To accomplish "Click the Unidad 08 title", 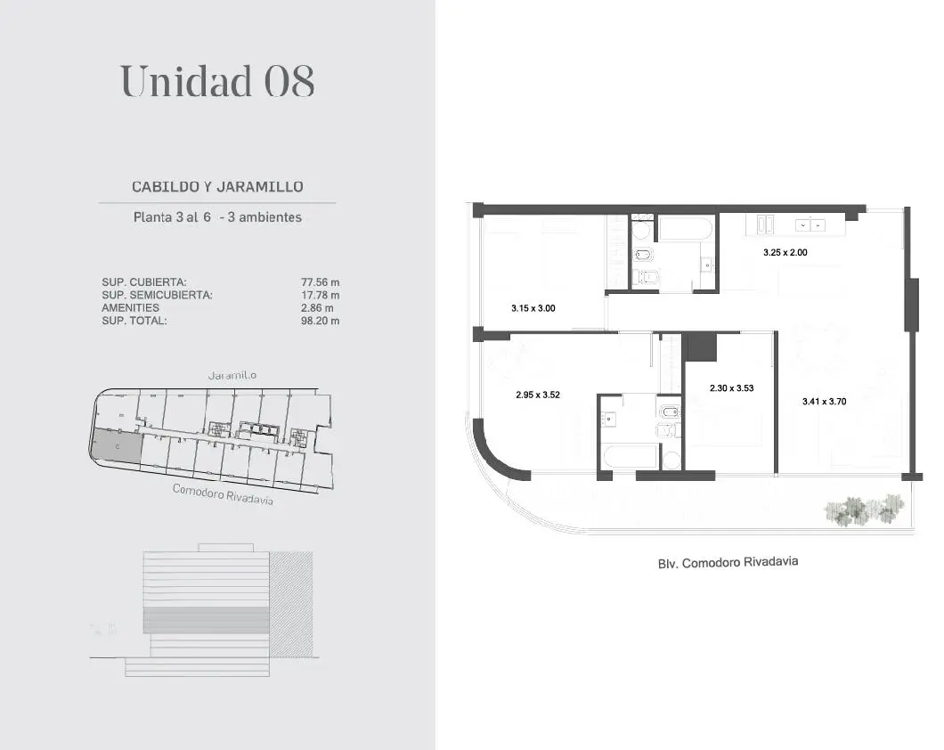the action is (217, 81).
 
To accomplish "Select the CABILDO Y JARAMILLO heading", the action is (217, 186).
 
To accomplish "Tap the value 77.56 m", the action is (321, 282).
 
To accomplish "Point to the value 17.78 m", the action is (321, 295).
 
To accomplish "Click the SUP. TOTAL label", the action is (134, 321).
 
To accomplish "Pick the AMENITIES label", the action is (131, 307).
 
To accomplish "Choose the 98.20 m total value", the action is (321, 321).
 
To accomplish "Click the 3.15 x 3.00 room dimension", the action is (533, 308).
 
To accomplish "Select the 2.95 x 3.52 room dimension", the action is (538, 395).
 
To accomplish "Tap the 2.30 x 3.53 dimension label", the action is (731, 388).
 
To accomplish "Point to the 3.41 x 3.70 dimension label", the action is (824, 402).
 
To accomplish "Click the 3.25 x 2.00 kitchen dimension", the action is (785, 253).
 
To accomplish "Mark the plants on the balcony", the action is (864, 510).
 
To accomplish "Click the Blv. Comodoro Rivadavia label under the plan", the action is (728, 563).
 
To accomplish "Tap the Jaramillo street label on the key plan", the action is (232, 376).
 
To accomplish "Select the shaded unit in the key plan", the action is (116, 446).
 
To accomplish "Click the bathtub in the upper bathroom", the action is (686, 229).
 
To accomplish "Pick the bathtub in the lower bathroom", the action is (629, 458).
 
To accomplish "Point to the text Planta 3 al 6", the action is (172, 217).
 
